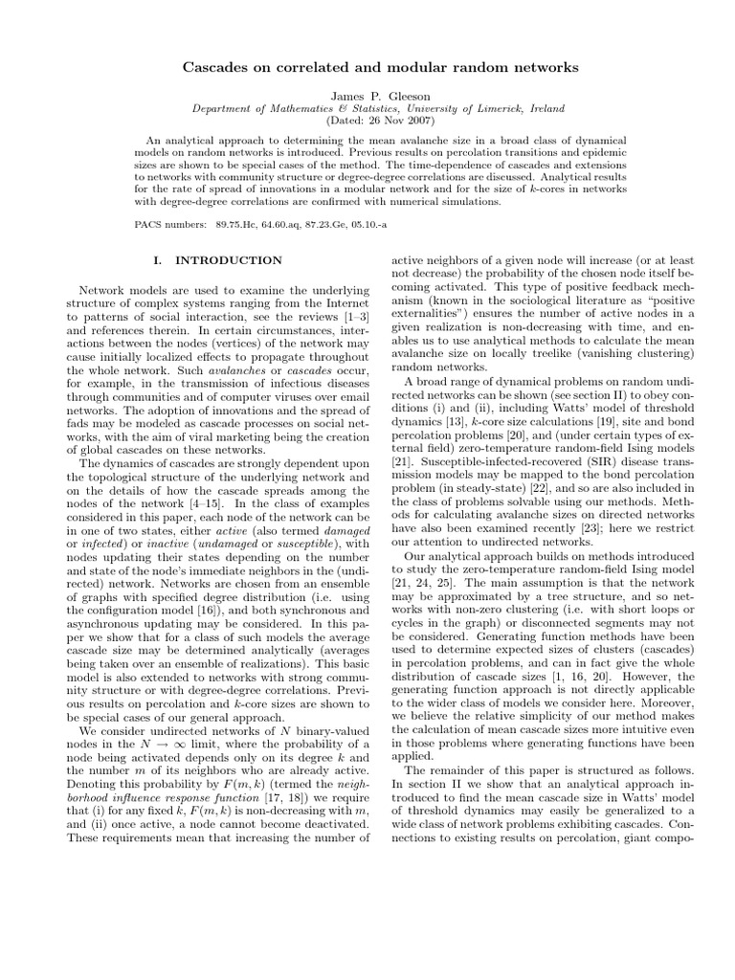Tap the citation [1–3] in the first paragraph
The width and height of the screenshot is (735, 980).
point(353,316)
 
